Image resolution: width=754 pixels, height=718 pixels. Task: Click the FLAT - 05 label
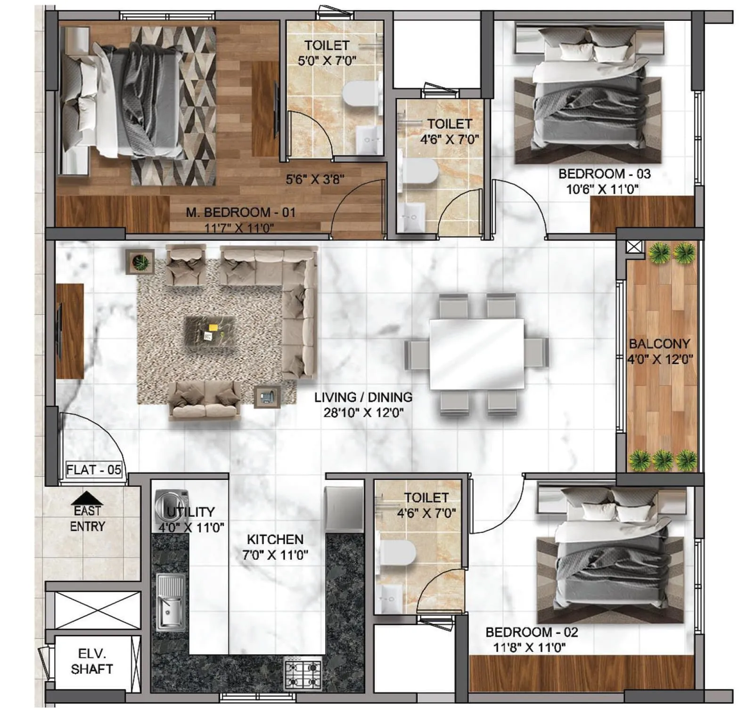click(x=94, y=469)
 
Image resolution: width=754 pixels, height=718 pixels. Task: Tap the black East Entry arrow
click(x=87, y=498)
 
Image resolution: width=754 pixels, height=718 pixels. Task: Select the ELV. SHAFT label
click(x=91, y=661)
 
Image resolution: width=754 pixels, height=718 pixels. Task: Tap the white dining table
click(x=476, y=354)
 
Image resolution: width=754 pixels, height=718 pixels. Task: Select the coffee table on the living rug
click(x=209, y=331)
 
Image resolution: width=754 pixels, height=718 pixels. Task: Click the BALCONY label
click(x=659, y=344)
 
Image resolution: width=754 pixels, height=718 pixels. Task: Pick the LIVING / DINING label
click(x=363, y=397)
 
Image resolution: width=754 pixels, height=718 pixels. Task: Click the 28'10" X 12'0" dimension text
click(x=363, y=413)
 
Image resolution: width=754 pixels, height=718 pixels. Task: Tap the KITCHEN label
click(x=275, y=539)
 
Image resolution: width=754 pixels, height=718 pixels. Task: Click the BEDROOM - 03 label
click(x=604, y=174)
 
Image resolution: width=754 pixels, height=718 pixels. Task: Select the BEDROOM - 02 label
click(x=532, y=632)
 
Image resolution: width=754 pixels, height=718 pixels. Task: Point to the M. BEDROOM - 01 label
click(x=240, y=212)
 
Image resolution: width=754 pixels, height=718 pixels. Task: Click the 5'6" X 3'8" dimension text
click(x=315, y=179)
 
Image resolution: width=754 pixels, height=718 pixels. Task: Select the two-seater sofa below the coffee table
click(x=205, y=401)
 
